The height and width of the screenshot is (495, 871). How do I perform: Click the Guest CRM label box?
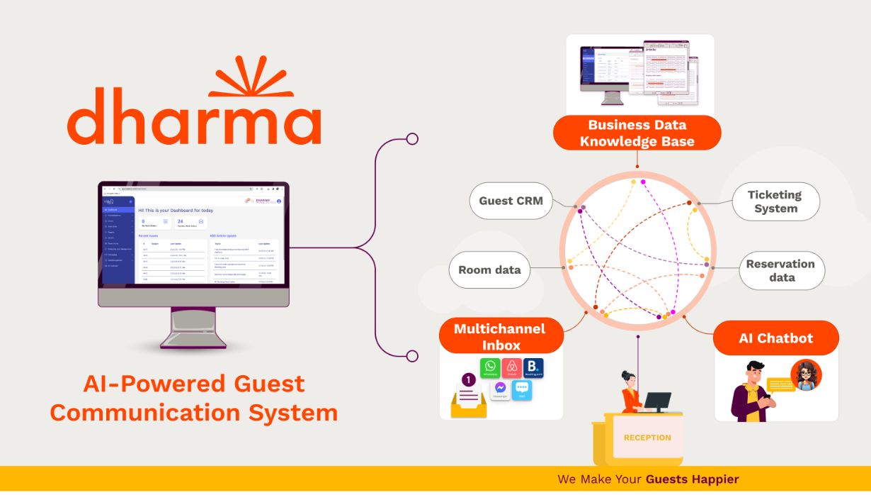point(511,201)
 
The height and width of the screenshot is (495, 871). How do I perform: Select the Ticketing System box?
point(775,201)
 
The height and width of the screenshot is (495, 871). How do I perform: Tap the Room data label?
point(489,269)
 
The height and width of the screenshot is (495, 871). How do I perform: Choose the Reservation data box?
point(780,270)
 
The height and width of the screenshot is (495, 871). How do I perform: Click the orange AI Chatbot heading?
point(776,338)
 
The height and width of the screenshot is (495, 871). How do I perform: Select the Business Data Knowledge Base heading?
point(637,133)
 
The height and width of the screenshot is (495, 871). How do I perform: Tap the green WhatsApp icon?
point(490,368)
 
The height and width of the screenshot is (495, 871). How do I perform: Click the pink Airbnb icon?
point(511,368)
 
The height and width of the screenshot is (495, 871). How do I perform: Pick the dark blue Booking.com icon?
point(533,368)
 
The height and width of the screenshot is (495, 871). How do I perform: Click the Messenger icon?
point(501,389)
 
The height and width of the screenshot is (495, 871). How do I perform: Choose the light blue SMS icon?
point(522,389)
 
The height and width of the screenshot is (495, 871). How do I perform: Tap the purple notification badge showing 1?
point(468,380)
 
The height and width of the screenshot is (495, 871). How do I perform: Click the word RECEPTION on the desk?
point(647,438)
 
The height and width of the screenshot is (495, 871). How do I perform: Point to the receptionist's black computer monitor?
point(658,401)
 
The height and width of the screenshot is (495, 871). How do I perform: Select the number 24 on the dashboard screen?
point(181,221)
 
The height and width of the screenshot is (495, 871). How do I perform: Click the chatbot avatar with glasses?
point(806,374)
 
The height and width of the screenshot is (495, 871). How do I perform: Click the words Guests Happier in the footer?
point(692,479)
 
